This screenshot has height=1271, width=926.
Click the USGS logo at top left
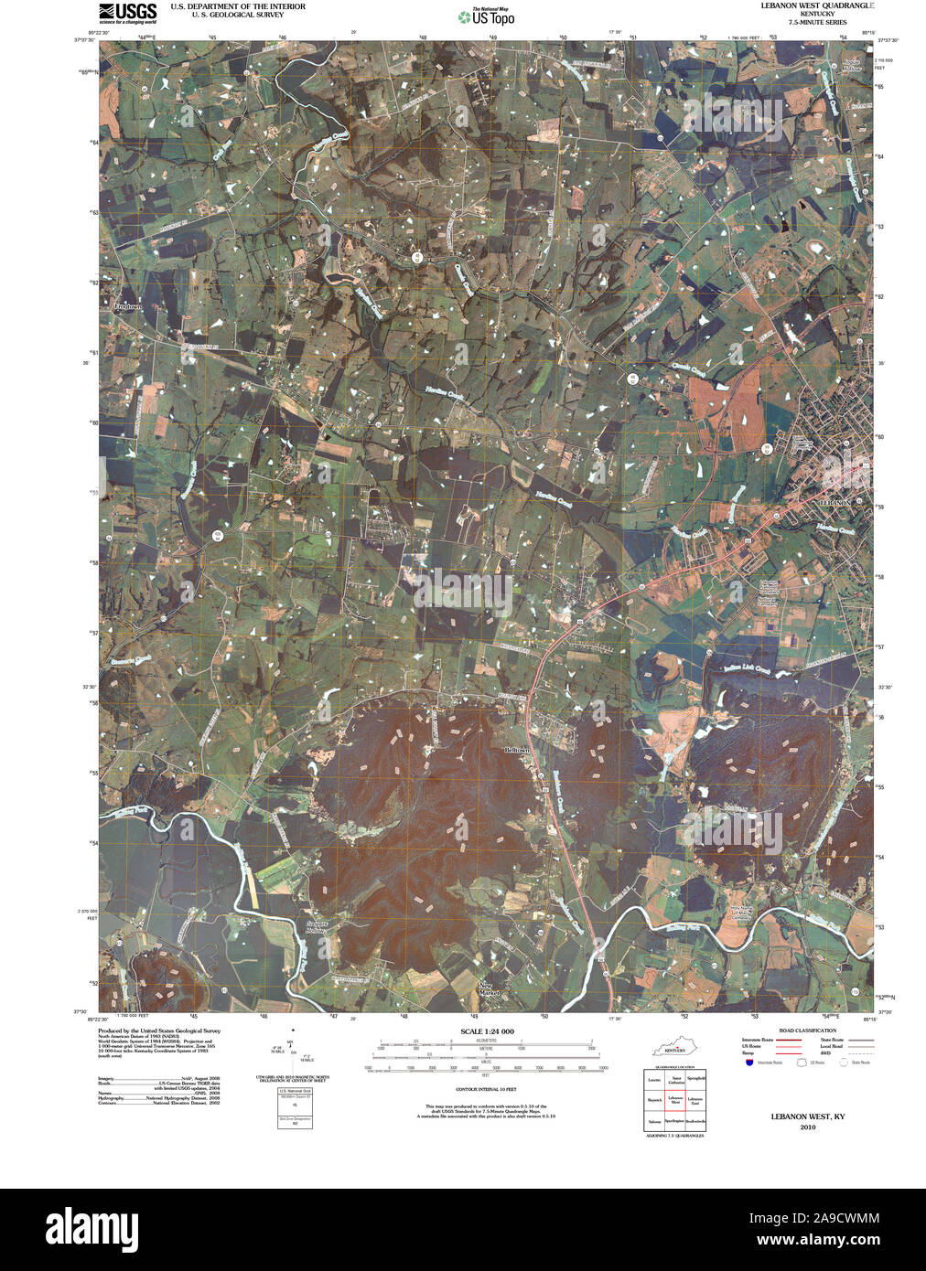[127, 12]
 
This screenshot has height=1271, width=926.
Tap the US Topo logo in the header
[487, 16]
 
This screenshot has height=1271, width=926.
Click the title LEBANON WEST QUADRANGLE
[817, 5]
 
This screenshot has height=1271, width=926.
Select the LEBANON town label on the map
[834, 503]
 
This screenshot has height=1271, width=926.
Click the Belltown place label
[517, 750]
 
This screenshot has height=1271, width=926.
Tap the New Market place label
[491, 988]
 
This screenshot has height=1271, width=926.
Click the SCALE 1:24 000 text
[488, 1031]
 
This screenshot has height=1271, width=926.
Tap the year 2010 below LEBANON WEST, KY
[807, 1127]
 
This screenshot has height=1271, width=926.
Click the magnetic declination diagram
[293, 1052]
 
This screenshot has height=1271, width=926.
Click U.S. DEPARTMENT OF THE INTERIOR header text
[238, 6]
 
